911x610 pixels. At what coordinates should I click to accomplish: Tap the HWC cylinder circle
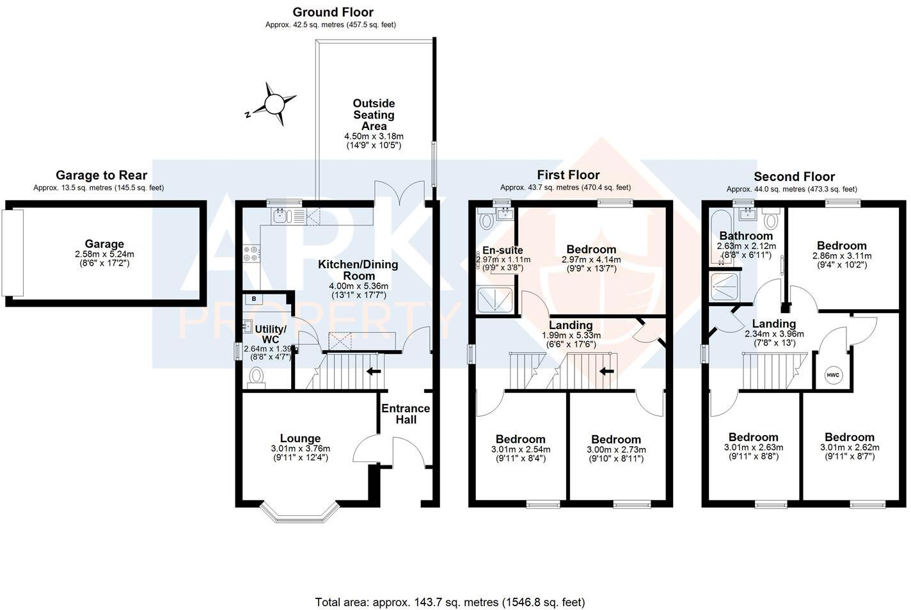(x=832, y=375)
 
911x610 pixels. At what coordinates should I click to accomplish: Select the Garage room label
(x=104, y=244)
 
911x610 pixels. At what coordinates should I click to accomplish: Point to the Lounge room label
(x=300, y=438)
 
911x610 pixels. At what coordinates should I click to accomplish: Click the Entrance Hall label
(x=406, y=414)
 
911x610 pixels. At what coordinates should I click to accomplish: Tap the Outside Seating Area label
(x=374, y=115)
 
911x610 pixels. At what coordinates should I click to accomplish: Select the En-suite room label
(x=503, y=250)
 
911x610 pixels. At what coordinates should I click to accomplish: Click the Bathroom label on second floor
(x=746, y=236)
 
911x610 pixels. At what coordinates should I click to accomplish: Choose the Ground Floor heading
(x=333, y=12)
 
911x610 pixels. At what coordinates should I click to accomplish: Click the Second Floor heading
(x=794, y=177)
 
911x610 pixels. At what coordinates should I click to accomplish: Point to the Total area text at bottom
(x=450, y=602)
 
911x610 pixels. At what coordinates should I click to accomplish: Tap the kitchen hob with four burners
(x=251, y=254)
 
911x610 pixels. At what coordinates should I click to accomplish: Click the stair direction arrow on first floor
(x=606, y=371)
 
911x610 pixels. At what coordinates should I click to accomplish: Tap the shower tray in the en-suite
(x=496, y=300)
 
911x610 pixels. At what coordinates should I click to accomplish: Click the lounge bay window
(x=300, y=511)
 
